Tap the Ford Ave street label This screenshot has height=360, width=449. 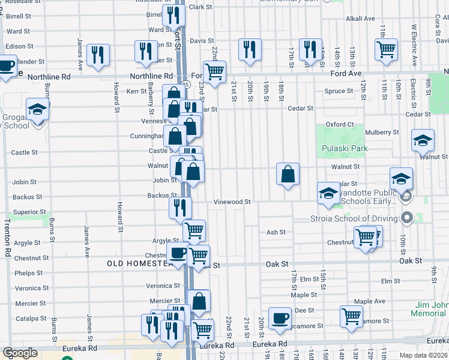[x=346, y=73]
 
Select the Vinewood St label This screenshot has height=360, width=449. [x=232, y=203]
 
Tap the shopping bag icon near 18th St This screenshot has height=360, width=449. [x=288, y=174]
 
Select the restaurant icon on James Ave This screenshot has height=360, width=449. [x=98, y=55]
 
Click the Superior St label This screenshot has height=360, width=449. [x=29, y=212]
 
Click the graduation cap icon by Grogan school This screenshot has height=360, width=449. [x=37, y=110]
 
